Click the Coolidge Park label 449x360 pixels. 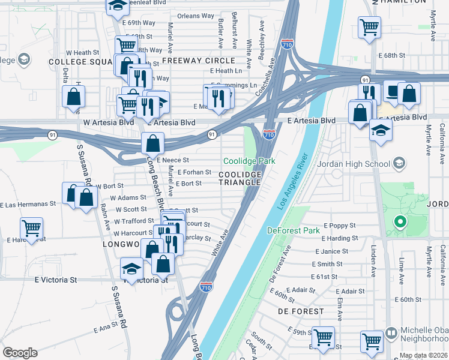pyautogui.click(x=249, y=161)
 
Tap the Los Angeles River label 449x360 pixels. pyautogui.click(x=296, y=180)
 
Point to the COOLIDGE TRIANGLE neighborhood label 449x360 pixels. pyautogui.click(x=240, y=178)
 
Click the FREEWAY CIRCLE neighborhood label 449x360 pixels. pyautogui.click(x=198, y=61)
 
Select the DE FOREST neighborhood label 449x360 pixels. pyautogui.click(x=301, y=311)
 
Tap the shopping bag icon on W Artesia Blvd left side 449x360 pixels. pyautogui.click(x=73, y=97)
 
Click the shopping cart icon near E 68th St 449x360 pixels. pyautogui.click(x=369, y=27)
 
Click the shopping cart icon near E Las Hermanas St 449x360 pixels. pyautogui.click(x=31, y=227)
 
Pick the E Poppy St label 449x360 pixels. pyautogui.click(x=340, y=225)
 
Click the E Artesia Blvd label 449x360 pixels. pyautogui.click(x=311, y=121)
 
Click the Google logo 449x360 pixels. pyautogui.click(x=20, y=353)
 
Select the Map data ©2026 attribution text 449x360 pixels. pyautogui.click(x=423, y=355)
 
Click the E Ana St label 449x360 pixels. pyautogui.click(x=106, y=328)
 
